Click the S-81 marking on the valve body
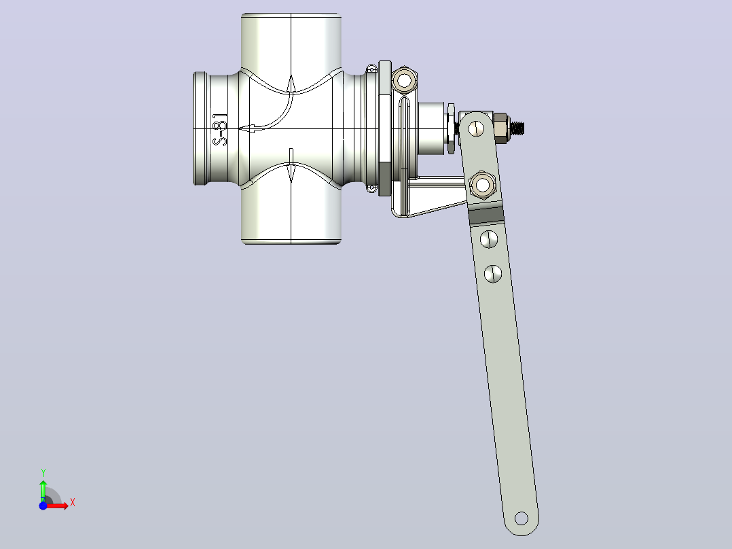coord(219,129)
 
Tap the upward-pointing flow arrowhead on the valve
coord(291,84)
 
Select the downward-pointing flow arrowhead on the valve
coord(291,173)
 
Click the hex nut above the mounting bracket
coord(404,80)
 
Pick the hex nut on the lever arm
coord(482,185)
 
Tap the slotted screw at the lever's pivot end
coord(477,128)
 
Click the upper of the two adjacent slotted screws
coord(489,238)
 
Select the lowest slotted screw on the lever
coord(493,274)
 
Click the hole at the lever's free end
coord(521,518)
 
